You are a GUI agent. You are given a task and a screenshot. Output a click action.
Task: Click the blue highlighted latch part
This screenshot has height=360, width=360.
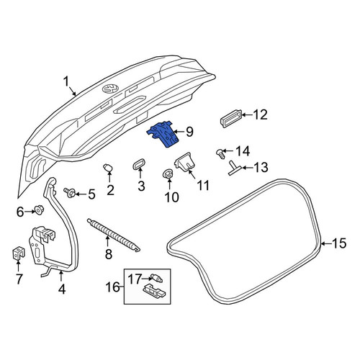tap(163, 135)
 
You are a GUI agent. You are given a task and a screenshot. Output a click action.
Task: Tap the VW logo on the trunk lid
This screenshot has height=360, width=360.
tap(110, 89)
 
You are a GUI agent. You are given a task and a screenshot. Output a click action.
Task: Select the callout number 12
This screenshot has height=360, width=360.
tap(260, 114)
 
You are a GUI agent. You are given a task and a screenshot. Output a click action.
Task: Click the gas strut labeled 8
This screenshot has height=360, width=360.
tap(114, 235)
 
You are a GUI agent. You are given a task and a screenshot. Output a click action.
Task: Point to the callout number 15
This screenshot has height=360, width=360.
tap(339, 243)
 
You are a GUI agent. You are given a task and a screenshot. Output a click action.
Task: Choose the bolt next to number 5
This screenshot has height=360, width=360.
tap(69, 192)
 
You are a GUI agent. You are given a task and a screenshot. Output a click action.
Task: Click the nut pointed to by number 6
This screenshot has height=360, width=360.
tap(38, 210)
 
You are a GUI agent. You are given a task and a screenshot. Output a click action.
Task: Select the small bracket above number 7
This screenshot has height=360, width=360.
tap(18, 253)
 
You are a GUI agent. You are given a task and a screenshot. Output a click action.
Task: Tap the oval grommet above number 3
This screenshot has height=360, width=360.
tap(139, 164)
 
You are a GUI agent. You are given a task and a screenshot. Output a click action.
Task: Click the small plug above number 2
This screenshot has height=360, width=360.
tap(108, 168)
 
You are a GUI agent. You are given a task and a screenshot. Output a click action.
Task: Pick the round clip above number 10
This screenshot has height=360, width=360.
tap(168, 174)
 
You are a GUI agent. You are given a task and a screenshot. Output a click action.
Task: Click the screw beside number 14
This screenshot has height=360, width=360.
tap(220, 154)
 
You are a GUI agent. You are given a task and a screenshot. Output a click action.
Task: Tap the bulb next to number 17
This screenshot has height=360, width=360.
tap(156, 278)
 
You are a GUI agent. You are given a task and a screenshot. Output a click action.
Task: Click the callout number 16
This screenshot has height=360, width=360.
tap(113, 287)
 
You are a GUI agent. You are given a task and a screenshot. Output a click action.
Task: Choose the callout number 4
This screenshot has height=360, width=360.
tap(62, 289)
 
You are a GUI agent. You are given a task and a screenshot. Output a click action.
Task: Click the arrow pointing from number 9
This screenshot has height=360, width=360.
tap(179, 132)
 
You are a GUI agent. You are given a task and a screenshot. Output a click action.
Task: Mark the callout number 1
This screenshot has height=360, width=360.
tap(66, 81)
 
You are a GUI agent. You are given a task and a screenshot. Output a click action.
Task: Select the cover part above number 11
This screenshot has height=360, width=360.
tap(184, 161)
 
